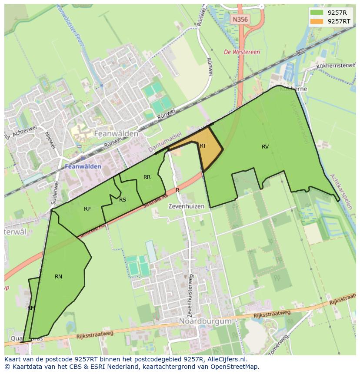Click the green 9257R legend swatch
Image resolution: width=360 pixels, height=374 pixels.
tap(317, 13)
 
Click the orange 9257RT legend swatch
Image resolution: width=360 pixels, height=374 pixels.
tap(317, 21)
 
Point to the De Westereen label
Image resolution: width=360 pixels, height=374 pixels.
tap(242, 52)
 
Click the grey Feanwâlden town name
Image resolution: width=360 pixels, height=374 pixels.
tap(117, 134)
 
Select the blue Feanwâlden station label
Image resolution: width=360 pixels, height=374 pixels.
tap(83, 166)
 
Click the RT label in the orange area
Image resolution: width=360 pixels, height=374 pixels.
tap(203, 146)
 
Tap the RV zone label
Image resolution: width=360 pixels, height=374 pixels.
tap(265, 147)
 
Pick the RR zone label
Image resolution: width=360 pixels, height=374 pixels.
tap(147, 177)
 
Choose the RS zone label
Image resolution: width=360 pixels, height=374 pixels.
tap(123, 200)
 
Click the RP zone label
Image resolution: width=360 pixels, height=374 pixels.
tap(87, 209)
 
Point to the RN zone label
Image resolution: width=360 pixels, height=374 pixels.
tap(58, 277)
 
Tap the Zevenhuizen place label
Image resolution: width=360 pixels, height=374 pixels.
tap(186, 207)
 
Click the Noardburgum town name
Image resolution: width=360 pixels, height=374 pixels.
tap(205, 321)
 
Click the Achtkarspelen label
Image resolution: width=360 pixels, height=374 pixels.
tap(340, 192)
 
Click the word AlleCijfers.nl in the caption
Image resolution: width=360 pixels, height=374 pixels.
tap(225, 360)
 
